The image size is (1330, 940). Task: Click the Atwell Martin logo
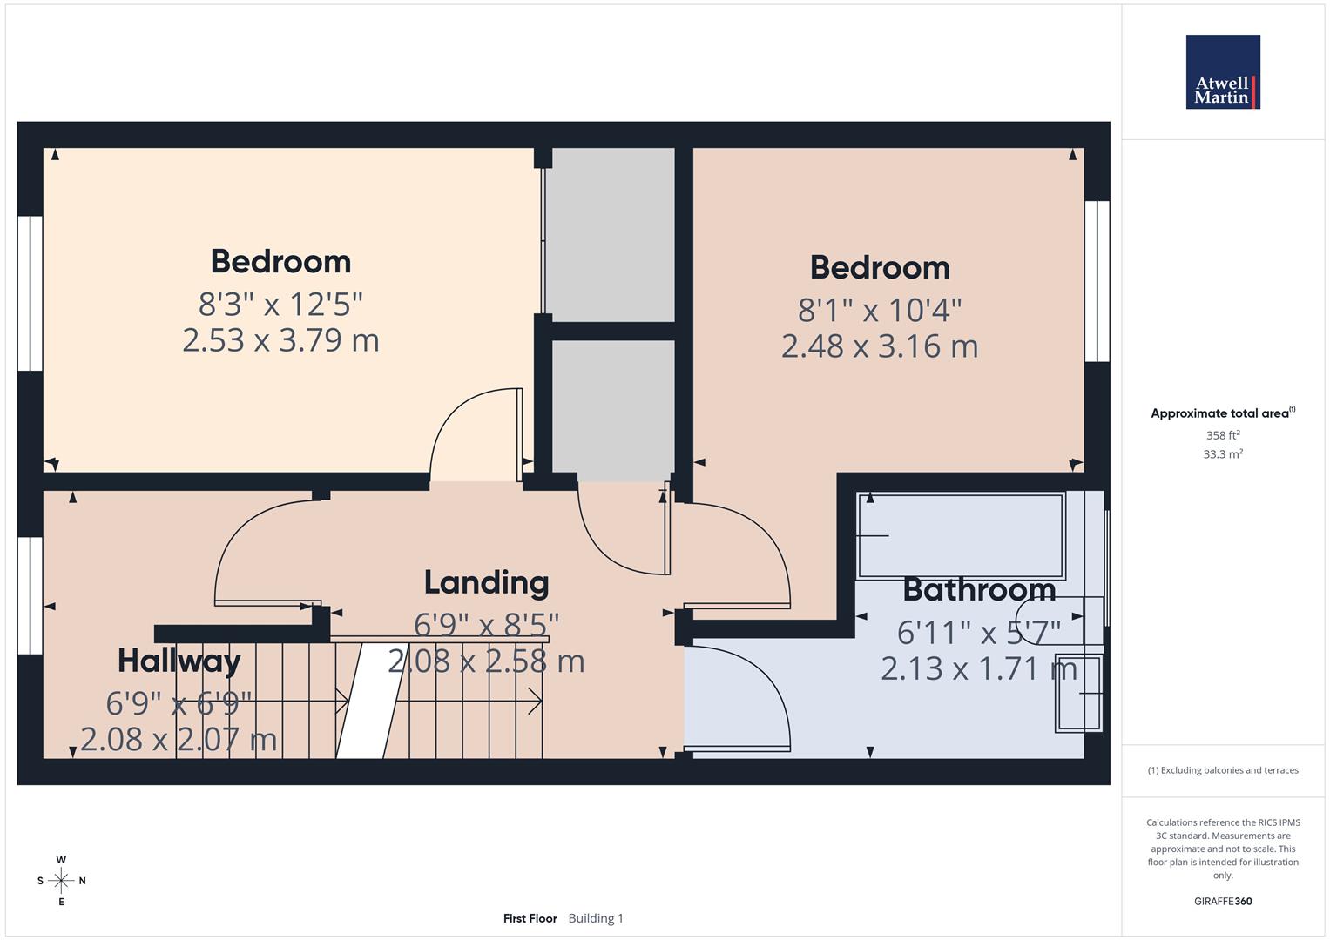click(x=1222, y=72)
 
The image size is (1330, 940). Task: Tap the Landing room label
click(x=486, y=582)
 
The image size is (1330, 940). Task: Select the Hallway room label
click(x=179, y=661)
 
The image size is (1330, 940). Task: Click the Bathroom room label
click(x=979, y=590)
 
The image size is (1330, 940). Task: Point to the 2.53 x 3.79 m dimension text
click(x=280, y=340)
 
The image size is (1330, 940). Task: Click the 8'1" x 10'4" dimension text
click(x=880, y=310)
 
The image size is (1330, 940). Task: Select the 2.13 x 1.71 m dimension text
click(x=979, y=668)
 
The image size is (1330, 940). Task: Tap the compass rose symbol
click(x=61, y=881)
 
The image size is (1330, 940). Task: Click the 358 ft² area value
click(x=1222, y=435)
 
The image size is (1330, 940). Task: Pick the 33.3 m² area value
click(x=1222, y=454)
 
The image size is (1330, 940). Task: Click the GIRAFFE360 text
click(x=1222, y=901)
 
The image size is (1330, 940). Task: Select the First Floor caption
click(x=530, y=918)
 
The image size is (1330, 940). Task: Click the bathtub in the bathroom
click(x=961, y=536)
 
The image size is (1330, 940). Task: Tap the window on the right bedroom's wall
click(x=1097, y=281)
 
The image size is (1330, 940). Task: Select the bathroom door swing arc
click(x=749, y=696)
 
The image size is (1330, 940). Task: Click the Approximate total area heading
click(x=1222, y=413)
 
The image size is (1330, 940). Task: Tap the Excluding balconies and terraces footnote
click(x=1222, y=770)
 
